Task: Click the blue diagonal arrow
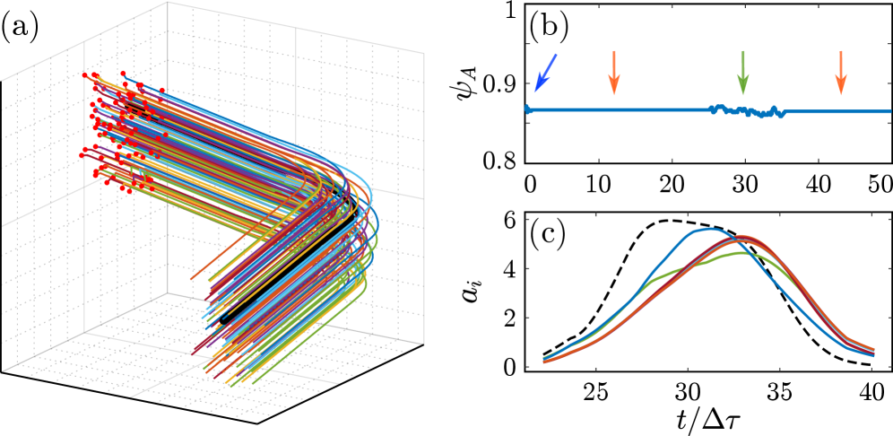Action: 545,73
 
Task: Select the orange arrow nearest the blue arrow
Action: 613,73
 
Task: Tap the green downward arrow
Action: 742,73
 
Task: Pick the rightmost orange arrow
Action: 840,73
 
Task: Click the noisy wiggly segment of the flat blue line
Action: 748,111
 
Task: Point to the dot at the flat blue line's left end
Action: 527,109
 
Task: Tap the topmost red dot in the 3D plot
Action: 123,73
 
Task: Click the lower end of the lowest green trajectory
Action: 252,383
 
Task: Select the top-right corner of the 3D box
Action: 423,53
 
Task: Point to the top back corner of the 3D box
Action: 167,3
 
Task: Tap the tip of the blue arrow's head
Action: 535,92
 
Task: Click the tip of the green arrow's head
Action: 742,95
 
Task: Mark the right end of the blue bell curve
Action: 874,356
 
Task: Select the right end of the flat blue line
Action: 890,112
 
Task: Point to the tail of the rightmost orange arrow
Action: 840,51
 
